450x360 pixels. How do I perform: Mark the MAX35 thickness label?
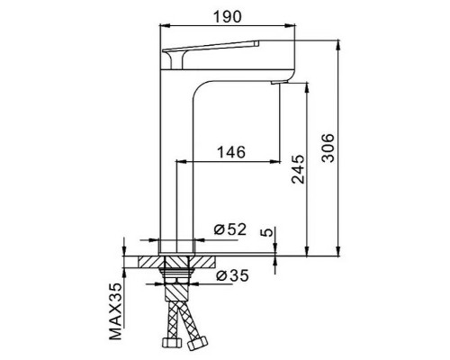tap(116, 312)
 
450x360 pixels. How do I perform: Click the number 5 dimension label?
tap(266, 232)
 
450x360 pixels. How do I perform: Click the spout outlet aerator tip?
tap(278, 83)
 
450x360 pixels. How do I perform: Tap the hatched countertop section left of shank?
tap(143, 262)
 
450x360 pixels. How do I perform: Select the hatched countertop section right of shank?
tap(206, 262)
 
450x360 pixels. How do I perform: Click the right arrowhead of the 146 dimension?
tap(277, 162)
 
